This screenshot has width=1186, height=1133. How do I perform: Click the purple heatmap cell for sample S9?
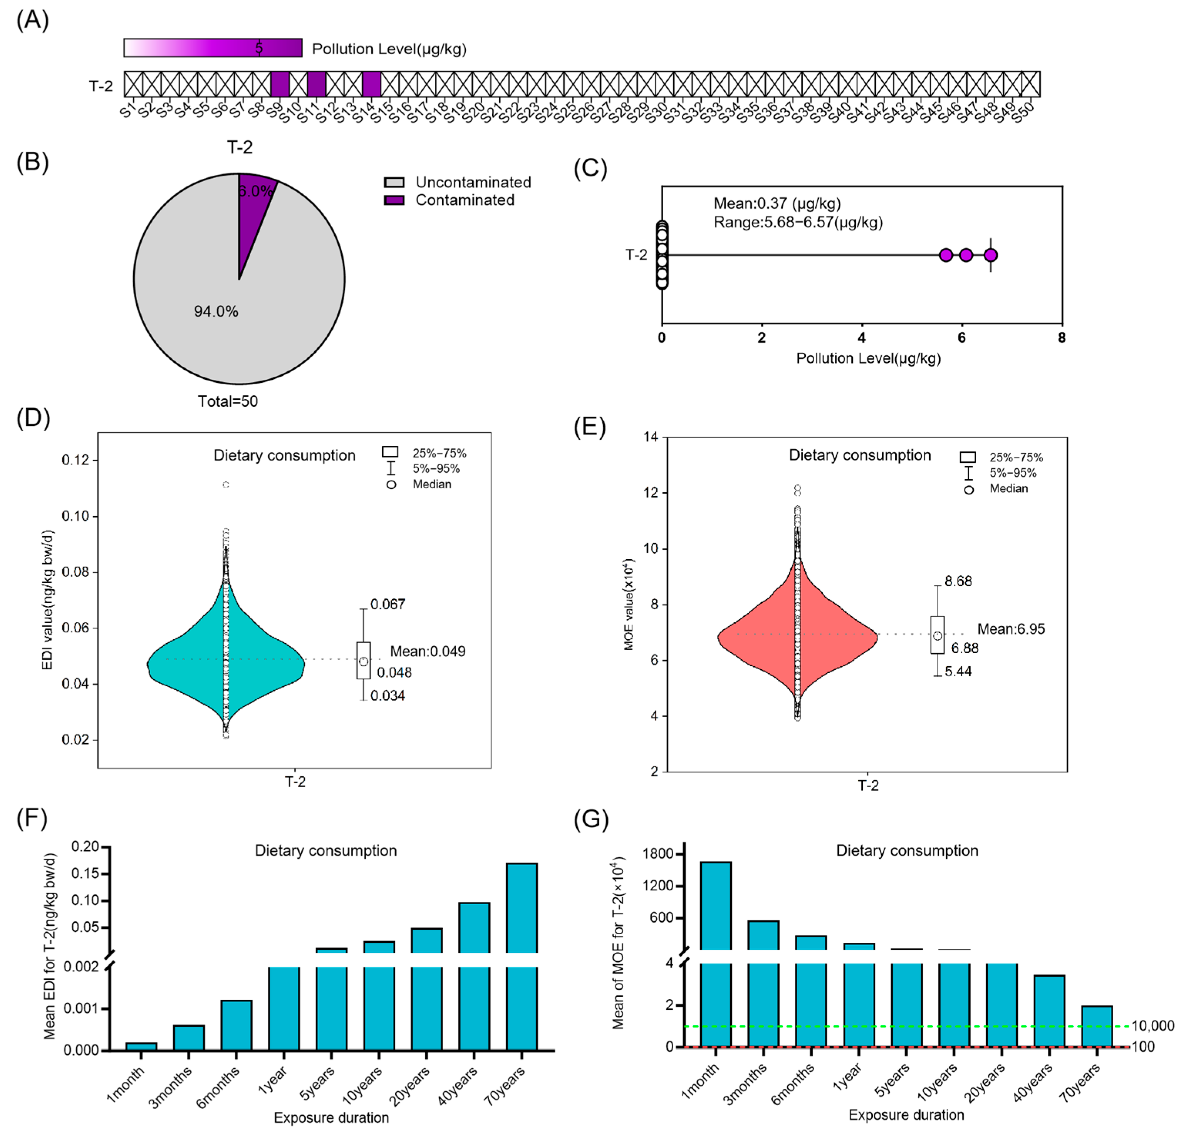(280, 84)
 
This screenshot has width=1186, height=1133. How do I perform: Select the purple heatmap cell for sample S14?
(372, 84)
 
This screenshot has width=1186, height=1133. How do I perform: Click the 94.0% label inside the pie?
(216, 312)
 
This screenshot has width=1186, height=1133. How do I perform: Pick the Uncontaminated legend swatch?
(394, 183)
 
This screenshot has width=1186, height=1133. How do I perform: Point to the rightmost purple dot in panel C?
(990, 255)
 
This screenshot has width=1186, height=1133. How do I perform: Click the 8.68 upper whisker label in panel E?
(958, 581)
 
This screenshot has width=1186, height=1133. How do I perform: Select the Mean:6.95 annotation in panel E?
(1011, 629)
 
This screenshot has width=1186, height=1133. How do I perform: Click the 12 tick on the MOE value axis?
(651, 493)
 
